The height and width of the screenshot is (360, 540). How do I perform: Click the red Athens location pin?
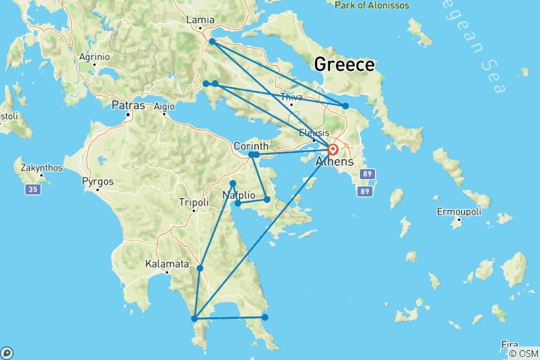click(x=332, y=149)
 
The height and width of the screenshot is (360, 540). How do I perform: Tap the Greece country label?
click(x=344, y=64)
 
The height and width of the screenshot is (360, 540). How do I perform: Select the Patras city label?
click(x=127, y=106)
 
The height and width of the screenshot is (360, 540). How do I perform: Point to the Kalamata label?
click(x=166, y=264)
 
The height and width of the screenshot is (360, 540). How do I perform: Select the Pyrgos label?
click(x=98, y=181)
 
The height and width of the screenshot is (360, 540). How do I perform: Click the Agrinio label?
click(x=94, y=56)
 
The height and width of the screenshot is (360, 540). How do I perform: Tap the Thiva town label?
click(x=291, y=97)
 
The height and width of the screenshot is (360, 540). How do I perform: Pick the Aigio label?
click(x=163, y=106)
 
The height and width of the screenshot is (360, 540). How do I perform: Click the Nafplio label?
click(x=240, y=196)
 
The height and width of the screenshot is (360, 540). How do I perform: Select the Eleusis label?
click(x=313, y=133)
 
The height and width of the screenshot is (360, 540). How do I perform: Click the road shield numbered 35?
click(x=33, y=190)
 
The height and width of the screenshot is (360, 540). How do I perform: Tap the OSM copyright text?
click(x=522, y=353)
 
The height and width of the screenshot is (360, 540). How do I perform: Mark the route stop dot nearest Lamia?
click(x=212, y=41)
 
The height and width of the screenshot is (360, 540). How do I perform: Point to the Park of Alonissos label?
click(x=373, y=4)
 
